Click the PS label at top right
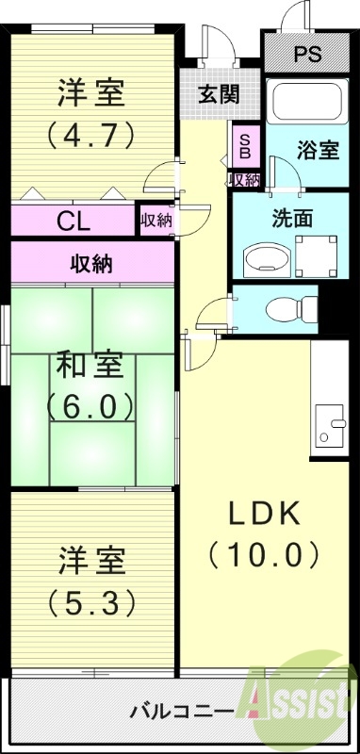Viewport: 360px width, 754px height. coord(305,54)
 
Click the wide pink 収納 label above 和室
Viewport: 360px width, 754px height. coord(91,264)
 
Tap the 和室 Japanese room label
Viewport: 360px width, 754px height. coord(90,365)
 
